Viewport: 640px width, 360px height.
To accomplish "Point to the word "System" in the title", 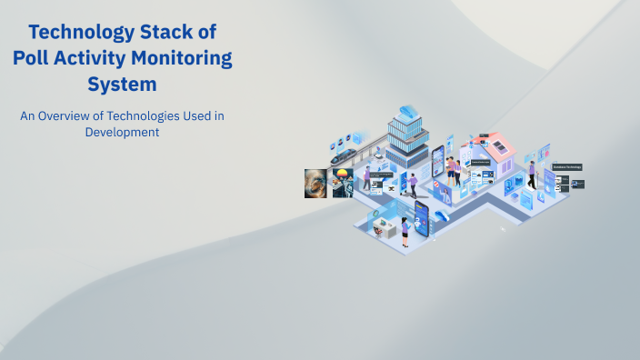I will [x=122, y=85].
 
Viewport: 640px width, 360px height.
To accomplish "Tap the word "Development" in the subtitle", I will [x=122, y=131].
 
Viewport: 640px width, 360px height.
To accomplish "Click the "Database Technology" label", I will [x=566, y=167].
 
